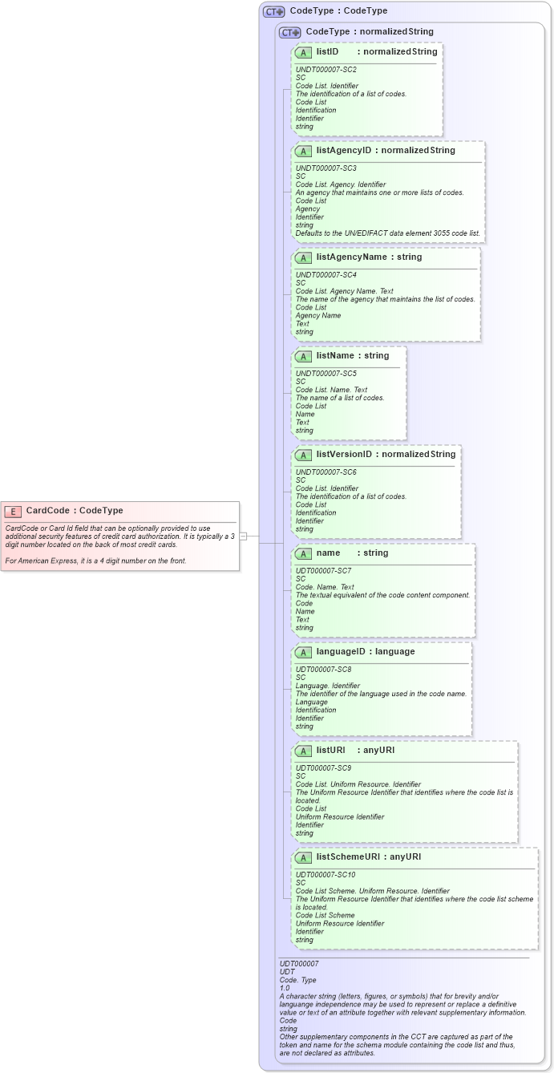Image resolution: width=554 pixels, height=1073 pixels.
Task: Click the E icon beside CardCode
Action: [x=13, y=511]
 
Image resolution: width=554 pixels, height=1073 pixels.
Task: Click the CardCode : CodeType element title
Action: [x=75, y=511]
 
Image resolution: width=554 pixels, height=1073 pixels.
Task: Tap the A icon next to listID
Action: [x=303, y=52]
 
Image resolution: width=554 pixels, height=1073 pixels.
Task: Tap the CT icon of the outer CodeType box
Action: [x=274, y=11]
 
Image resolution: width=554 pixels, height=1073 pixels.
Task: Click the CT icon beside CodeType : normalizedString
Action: [x=289, y=32]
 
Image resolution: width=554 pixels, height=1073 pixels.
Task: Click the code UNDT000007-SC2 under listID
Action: [x=326, y=70]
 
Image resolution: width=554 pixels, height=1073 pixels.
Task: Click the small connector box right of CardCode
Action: [x=243, y=536]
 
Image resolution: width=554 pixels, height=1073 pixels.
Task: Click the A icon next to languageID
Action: [x=303, y=652]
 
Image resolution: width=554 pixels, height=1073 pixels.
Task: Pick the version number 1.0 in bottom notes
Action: [x=285, y=988]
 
